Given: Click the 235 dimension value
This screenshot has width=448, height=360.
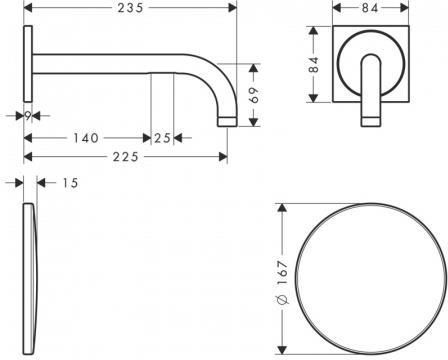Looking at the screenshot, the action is coord(130,8).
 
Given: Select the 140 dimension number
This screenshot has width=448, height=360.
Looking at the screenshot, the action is coord(86,138).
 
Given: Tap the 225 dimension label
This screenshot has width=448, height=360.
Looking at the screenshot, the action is coord(125,157).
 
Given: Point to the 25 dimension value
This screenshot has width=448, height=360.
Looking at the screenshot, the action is coord(162,138).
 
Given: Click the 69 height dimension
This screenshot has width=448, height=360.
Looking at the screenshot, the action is coord(254,96).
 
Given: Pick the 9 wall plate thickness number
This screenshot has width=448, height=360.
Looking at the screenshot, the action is coord(28,116).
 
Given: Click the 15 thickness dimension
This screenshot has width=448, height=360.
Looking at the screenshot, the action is coord(70,183).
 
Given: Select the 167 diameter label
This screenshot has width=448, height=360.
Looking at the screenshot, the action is coord(282,272).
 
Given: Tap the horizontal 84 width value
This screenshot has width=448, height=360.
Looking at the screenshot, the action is coord(370,8).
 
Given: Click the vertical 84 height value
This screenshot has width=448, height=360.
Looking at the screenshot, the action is coord(314,65).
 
